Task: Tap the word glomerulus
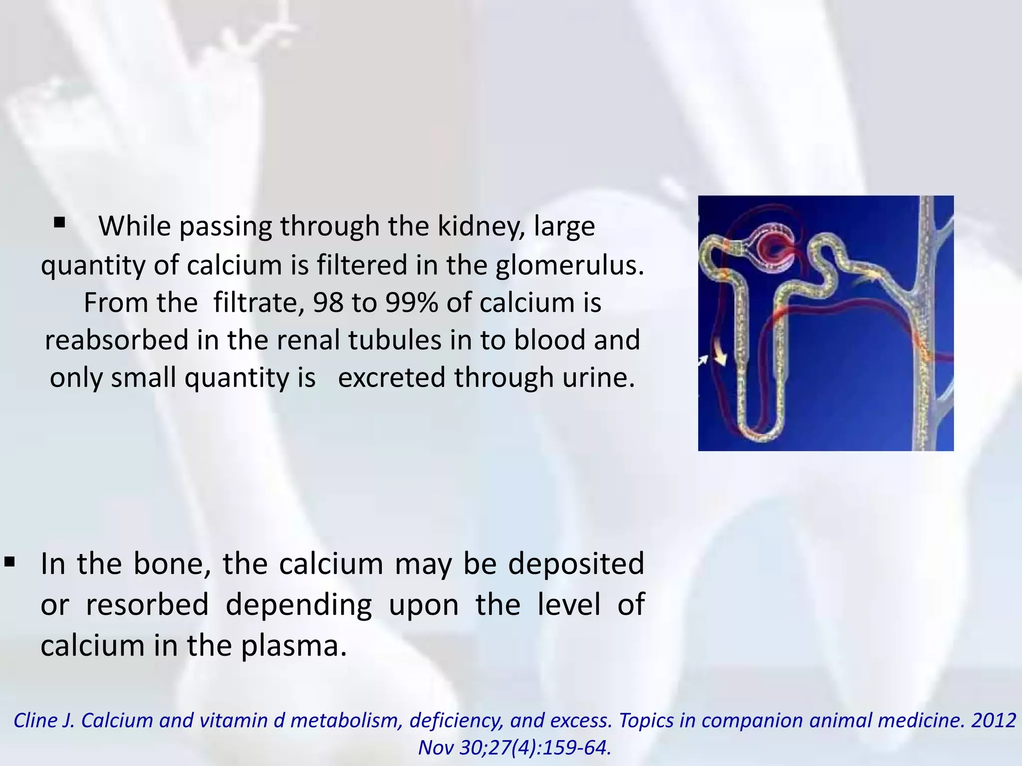pyautogui.click(x=570, y=265)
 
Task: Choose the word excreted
pyautogui.click(x=392, y=378)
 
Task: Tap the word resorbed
pyautogui.click(x=147, y=605)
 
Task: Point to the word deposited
pyautogui.click(x=576, y=564)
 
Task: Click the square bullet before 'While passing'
pyautogui.click(x=59, y=222)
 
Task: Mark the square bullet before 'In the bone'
pyautogui.click(x=10, y=563)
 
